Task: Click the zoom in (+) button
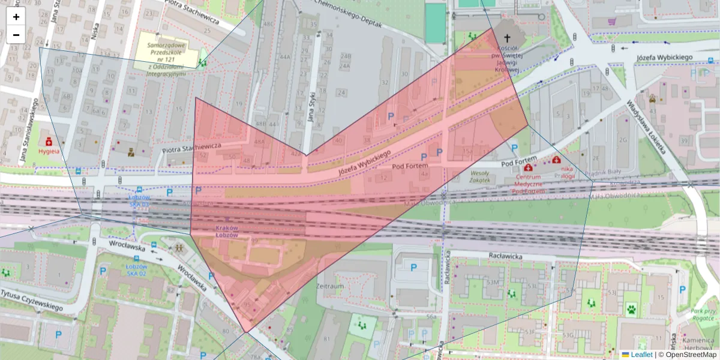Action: [x=16, y=17]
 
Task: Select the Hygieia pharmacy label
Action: [x=49, y=152]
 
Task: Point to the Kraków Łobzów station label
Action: [x=227, y=232]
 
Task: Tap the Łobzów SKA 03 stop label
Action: [x=139, y=200]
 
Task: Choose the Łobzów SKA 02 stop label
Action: [x=137, y=269]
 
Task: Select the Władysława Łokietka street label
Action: [x=647, y=127]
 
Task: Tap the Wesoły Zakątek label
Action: [x=479, y=176]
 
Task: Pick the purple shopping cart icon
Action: [x=612, y=22]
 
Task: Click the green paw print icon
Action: [x=631, y=310]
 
